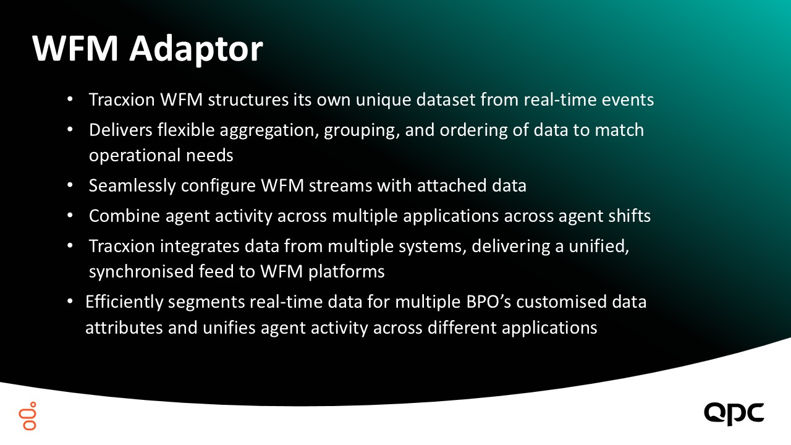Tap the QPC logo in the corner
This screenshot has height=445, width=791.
(734, 413)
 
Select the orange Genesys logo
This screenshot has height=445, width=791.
(28, 416)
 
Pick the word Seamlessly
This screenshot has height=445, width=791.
(132, 186)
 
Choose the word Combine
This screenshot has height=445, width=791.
(124, 216)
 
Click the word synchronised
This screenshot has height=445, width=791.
(141, 272)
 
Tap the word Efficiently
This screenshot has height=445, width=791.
(124, 302)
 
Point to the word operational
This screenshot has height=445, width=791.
(135, 156)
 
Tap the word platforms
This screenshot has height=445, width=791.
(347, 272)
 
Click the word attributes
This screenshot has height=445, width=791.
(124, 328)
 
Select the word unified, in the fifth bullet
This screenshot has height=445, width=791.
(599, 246)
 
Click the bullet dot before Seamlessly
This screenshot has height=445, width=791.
(70, 185)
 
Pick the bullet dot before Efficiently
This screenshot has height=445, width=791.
(70, 302)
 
